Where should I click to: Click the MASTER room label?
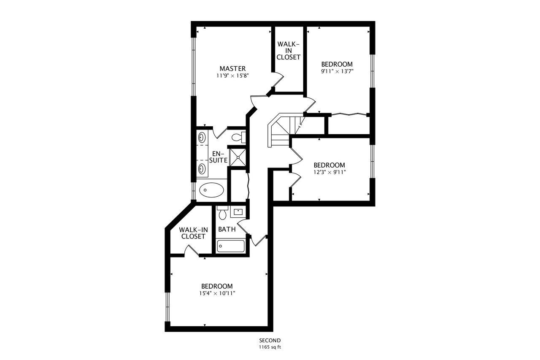click(x=232, y=68)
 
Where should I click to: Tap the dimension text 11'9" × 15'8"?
click(x=232, y=76)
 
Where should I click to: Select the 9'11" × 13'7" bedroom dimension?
click(x=337, y=71)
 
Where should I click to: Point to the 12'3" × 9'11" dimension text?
click(x=329, y=172)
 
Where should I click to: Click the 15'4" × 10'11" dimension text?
click(x=217, y=293)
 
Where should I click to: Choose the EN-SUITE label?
click(x=218, y=157)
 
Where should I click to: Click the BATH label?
click(x=227, y=229)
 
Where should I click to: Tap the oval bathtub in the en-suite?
click(x=211, y=190)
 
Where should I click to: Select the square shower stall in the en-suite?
click(x=238, y=157)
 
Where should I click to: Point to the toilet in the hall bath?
click(x=222, y=213)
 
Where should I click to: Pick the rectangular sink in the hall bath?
click(x=238, y=212)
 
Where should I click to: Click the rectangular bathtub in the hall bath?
click(x=230, y=246)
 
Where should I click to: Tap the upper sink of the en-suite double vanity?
click(x=202, y=138)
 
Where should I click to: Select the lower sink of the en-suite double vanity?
click(x=202, y=169)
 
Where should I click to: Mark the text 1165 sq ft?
click(x=270, y=347)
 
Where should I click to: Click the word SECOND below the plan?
click(x=270, y=341)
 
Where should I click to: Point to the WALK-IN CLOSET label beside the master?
click(x=288, y=51)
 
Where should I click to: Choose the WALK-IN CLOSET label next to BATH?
click(x=193, y=233)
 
